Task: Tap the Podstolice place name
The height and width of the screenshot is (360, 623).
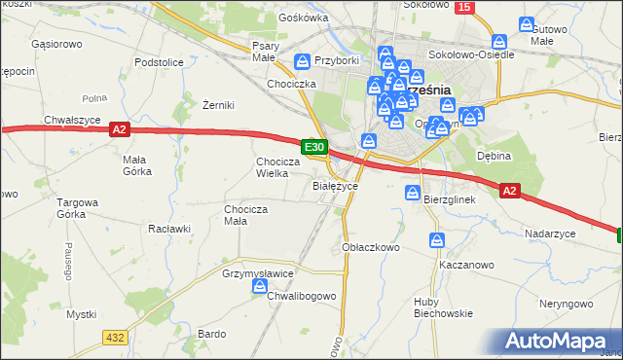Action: click(x=160, y=62)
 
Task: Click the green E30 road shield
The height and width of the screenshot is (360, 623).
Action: click(x=313, y=147)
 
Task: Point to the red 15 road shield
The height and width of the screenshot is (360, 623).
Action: click(x=464, y=8)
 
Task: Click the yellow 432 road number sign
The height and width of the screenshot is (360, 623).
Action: click(x=115, y=336)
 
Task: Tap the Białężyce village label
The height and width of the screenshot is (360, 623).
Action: click(x=335, y=185)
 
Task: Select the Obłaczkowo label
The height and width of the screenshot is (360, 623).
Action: click(x=372, y=247)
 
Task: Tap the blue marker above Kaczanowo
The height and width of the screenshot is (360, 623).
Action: click(x=437, y=239)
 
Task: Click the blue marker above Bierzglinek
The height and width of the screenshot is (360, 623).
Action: click(x=413, y=195)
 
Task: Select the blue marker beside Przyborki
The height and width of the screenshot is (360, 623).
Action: click(x=303, y=62)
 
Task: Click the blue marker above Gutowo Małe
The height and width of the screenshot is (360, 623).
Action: click(x=529, y=25)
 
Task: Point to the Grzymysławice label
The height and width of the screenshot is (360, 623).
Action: click(x=258, y=274)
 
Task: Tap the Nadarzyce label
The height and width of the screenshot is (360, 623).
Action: click(x=550, y=234)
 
